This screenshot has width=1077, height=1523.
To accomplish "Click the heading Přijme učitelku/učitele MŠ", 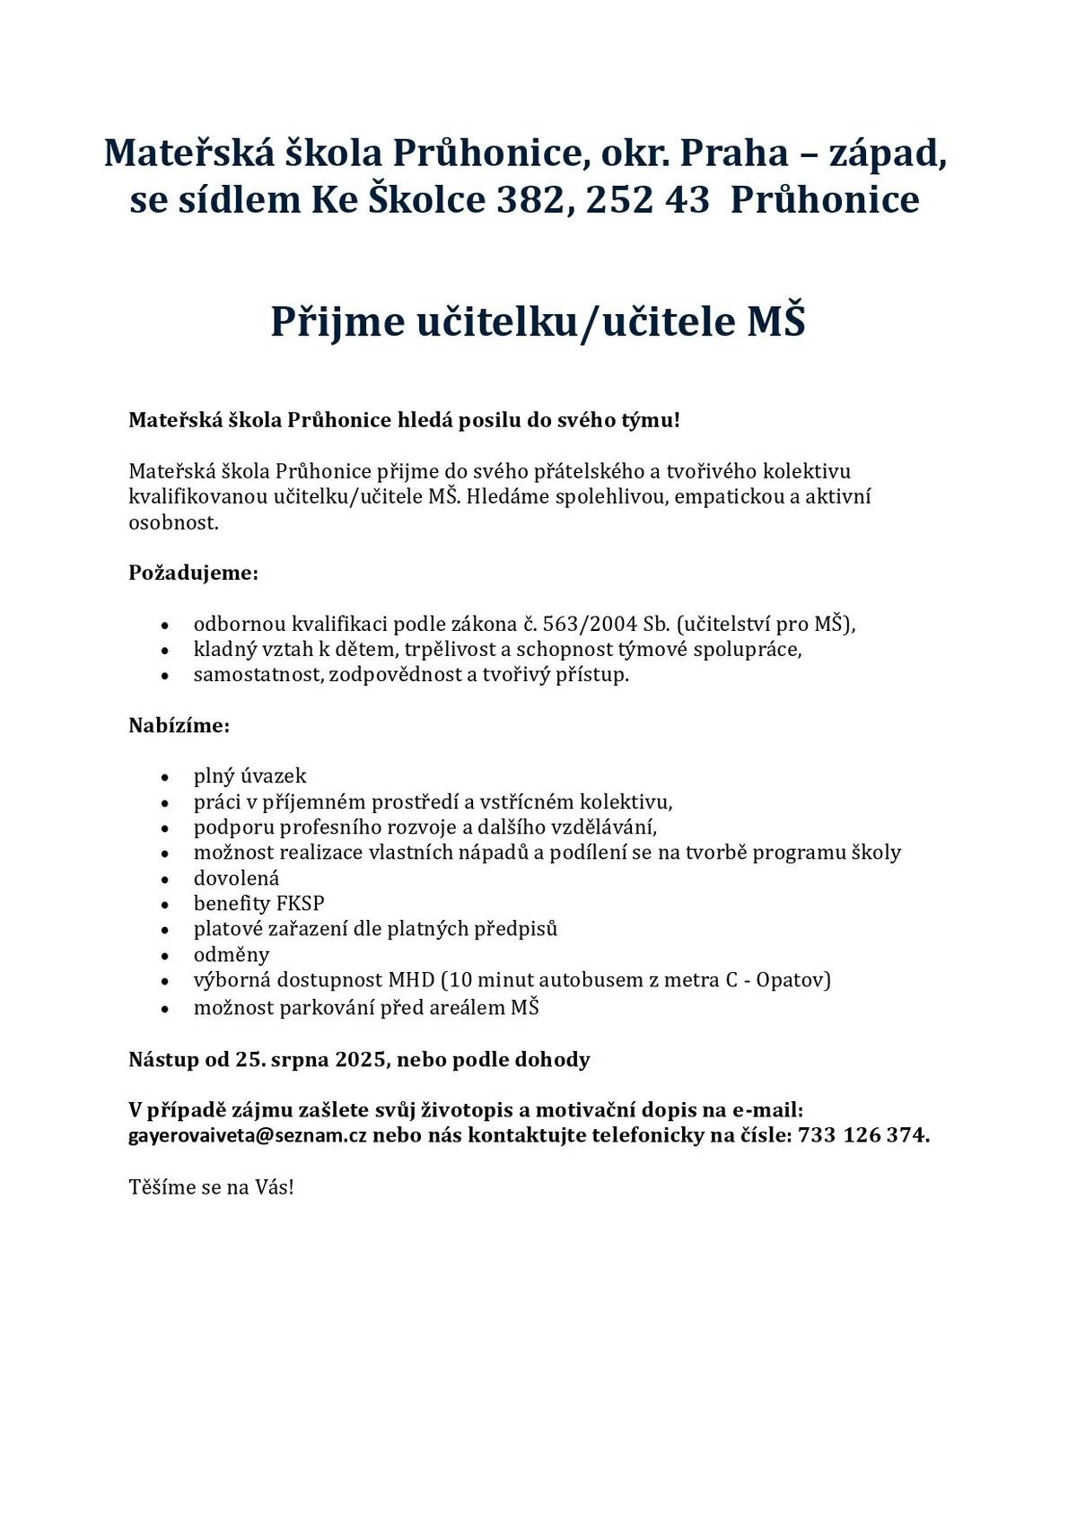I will pos(538,321).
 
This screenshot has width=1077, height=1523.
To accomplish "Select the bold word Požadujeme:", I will pos(193,573).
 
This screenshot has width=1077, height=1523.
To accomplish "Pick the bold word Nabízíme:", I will pos(179,725).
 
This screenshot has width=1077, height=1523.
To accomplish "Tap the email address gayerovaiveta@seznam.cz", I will pos(248,1135).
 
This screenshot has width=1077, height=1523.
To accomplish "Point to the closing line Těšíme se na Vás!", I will pos(211,1187).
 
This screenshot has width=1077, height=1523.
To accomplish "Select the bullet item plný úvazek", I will pos(250,775).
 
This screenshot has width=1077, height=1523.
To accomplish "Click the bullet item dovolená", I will pos(236,878).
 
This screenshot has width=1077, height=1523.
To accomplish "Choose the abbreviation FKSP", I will pos(301,903).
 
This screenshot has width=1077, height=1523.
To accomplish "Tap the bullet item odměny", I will pos(232,954).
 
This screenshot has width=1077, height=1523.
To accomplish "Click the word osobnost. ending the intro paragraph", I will pos(173,522).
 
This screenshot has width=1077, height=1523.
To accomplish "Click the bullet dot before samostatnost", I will pos(164,675).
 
